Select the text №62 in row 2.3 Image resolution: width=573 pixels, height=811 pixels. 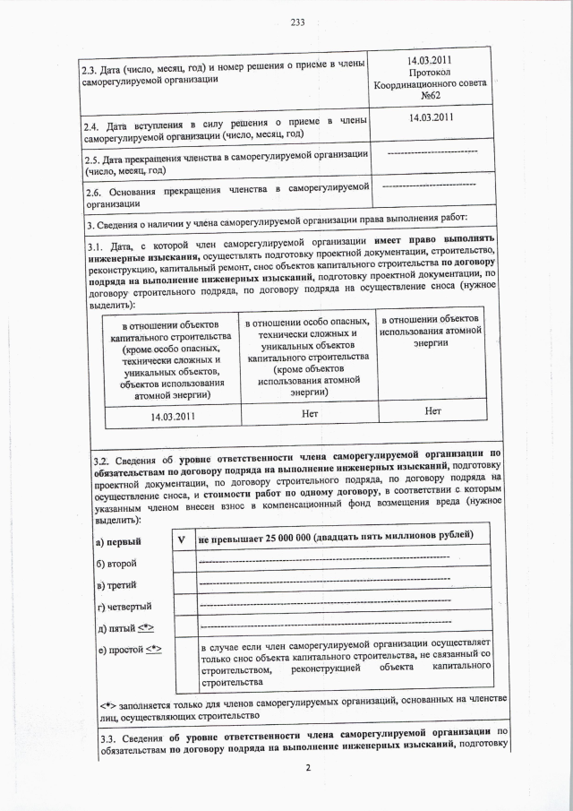point(434,95)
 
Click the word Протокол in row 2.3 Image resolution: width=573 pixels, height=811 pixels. point(434,71)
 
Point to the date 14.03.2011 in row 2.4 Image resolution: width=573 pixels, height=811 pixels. point(433,117)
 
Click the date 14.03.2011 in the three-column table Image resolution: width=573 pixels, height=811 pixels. point(171,417)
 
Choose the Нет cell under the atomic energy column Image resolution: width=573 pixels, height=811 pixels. point(433,411)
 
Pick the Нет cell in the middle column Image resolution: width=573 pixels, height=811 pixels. point(309,412)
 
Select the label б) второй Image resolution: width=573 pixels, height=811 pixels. point(115,563)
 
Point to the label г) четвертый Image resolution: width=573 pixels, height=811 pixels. point(123,607)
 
